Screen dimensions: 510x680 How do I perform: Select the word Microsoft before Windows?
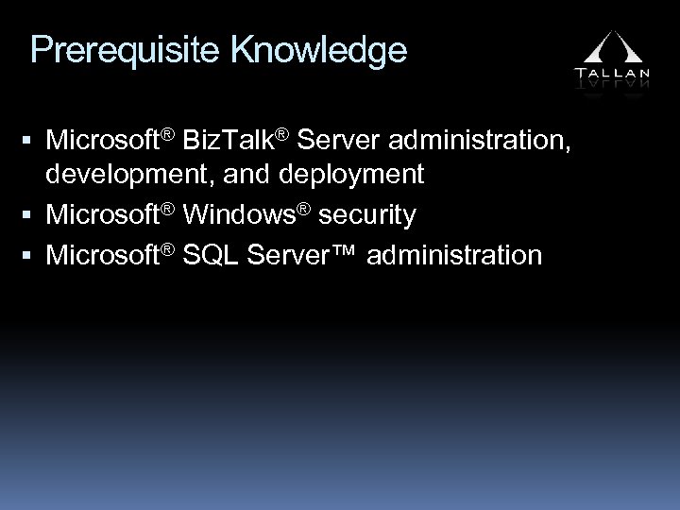click(103, 215)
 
